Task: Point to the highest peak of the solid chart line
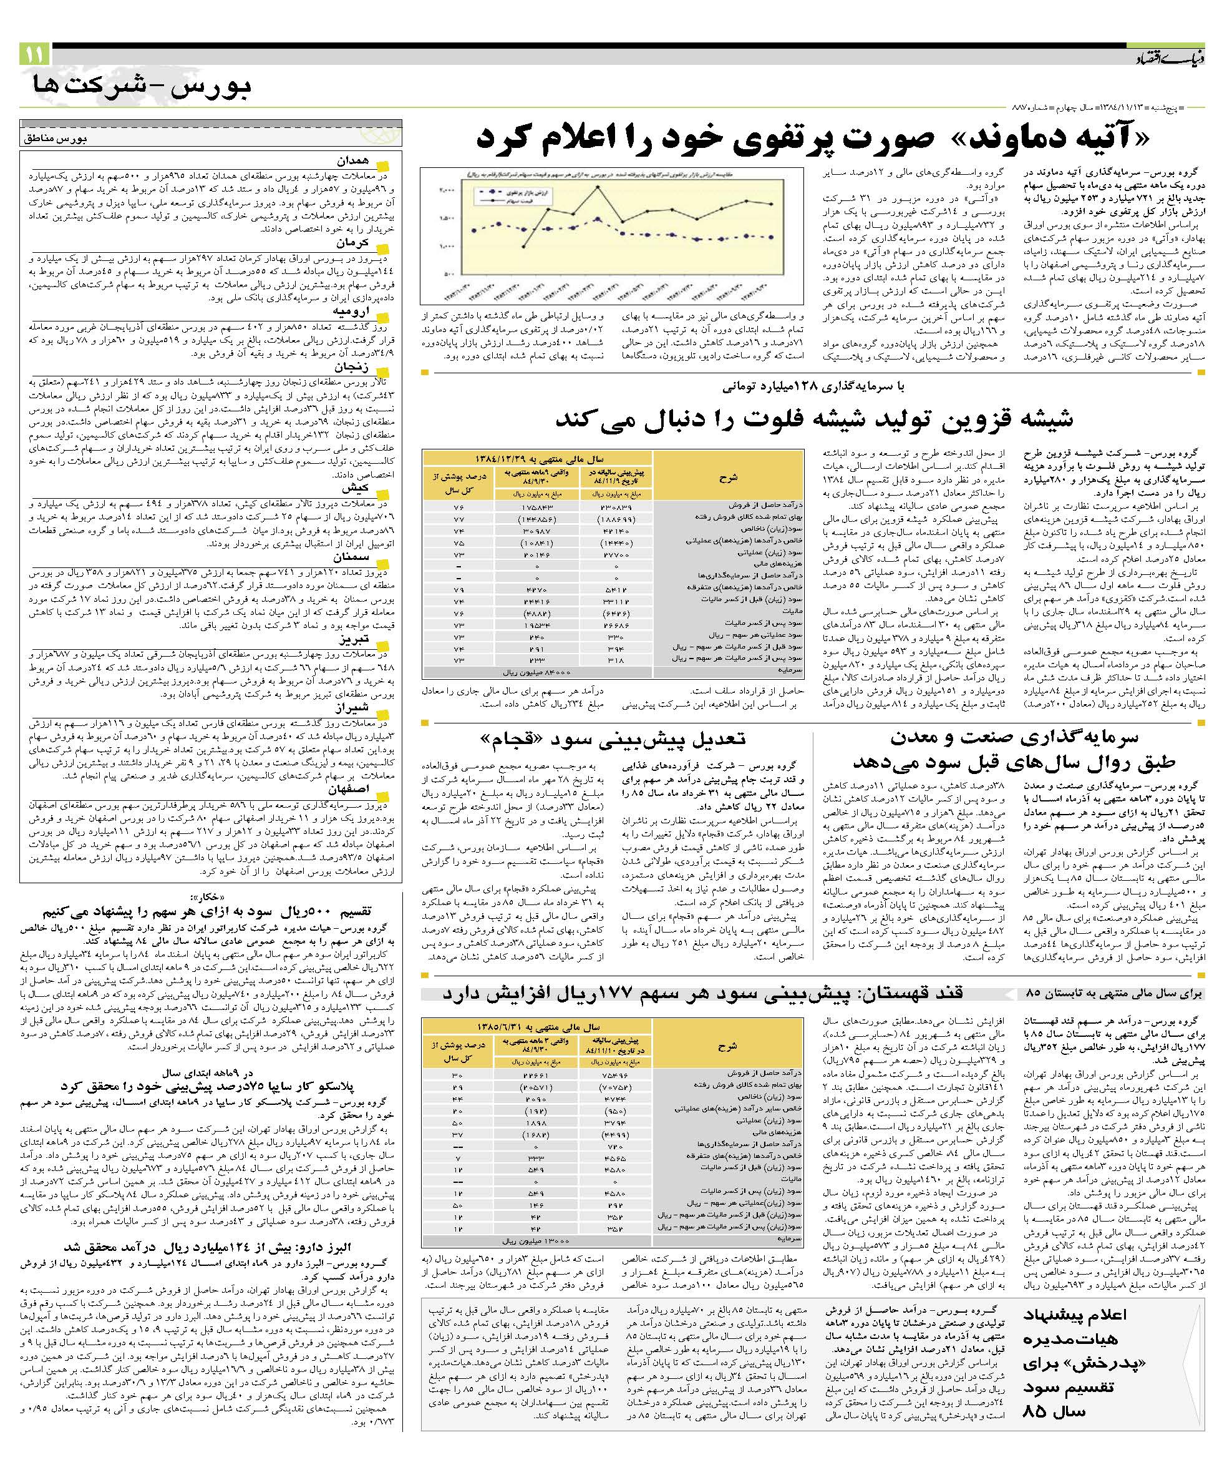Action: tap(598, 187)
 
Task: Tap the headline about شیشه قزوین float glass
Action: tap(814, 419)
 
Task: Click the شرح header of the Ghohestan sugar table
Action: tap(728, 1046)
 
